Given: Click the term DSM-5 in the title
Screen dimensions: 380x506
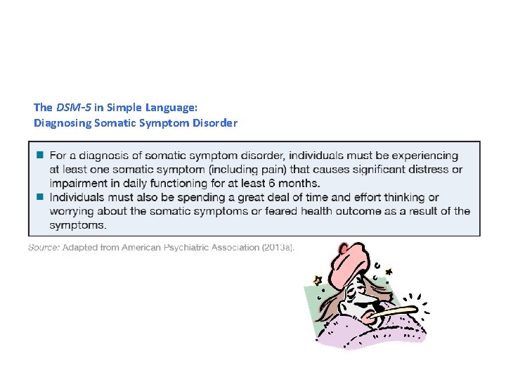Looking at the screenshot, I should [x=69, y=108].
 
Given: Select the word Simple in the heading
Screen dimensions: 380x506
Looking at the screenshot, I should [x=123, y=108].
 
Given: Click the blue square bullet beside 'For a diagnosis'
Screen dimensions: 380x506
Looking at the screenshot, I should [x=40, y=155].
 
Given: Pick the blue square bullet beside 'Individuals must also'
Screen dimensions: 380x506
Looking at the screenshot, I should [x=40, y=197].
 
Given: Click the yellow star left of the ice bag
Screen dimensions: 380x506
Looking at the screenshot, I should [x=317, y=279].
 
